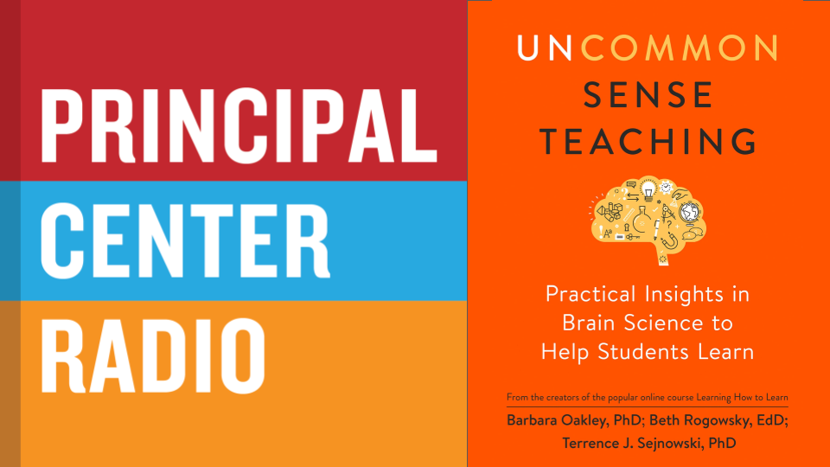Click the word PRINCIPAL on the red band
pos(239,126)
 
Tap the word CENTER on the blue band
pos(185,241)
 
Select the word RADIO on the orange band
pos(153,355)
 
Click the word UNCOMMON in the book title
pos(648,48)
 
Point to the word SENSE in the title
pos(648,95)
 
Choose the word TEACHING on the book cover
pos(648,141)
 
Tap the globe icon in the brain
pos(690,213)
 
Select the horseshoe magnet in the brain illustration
pos(669,240)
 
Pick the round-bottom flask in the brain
pos(642,220)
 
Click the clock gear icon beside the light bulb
pos(666,187)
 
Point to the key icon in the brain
pos(633,237)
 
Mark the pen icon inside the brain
pos(657,230)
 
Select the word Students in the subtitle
pos(643,352)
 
